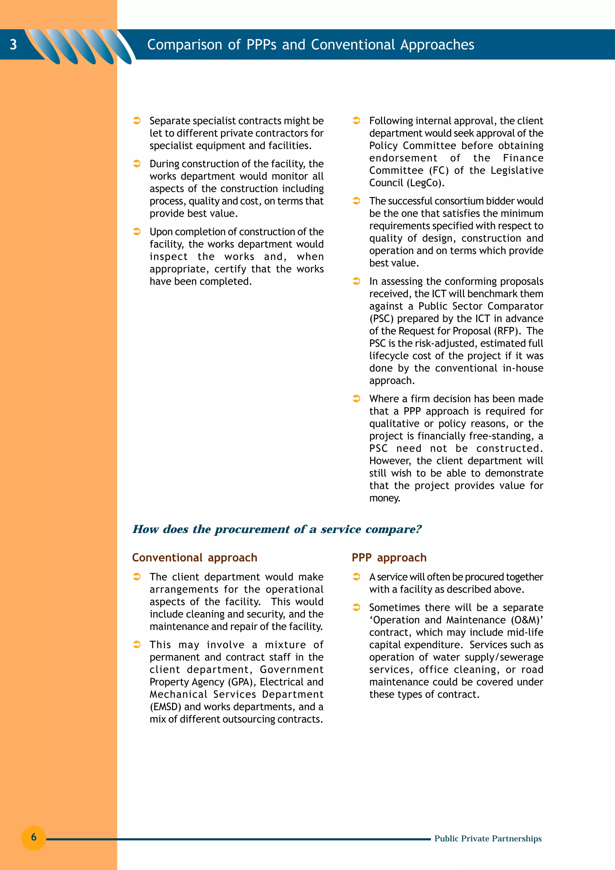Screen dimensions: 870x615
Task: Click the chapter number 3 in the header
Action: click(x=13, y=45)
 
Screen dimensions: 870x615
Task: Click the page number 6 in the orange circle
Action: click(x=34, y=837)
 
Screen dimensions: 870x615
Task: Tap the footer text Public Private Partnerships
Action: click(x=488, y=838)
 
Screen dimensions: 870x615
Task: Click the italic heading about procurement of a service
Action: click(x=277, y=529)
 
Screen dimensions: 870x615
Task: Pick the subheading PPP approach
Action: click(x=389, y=557)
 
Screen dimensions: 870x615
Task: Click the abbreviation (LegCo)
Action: click(x=426, y=183)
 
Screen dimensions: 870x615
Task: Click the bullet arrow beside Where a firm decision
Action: click(x=356, y=399)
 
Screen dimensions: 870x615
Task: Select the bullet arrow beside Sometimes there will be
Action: click(x=356, y=607)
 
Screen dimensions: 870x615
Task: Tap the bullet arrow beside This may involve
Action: click(x=137, y=645)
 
